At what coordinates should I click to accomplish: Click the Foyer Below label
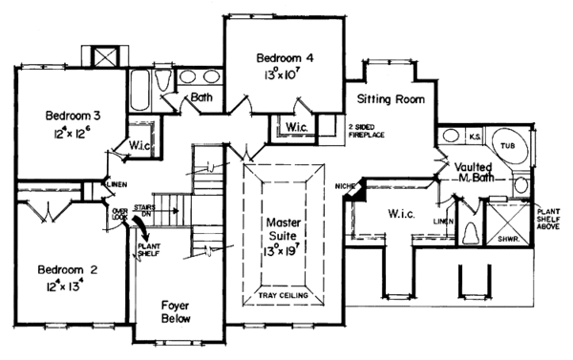177,314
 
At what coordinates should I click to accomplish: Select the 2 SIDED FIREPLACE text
368,131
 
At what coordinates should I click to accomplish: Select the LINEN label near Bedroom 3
116,183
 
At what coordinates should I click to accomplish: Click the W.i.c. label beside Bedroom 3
129,145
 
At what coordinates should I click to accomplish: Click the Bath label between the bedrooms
202,97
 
